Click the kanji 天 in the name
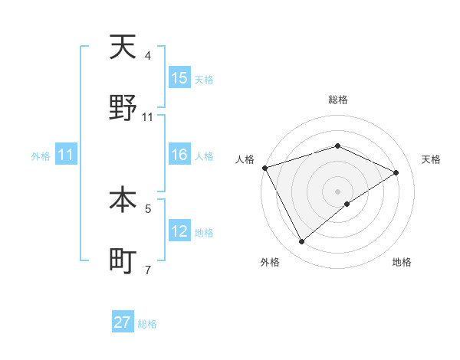(x=123, y=48)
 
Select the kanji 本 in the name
(x=123, y=201)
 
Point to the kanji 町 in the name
(x=123, y=262)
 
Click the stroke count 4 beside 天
(x=148, y=56)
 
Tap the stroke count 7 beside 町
(x=148, y=270)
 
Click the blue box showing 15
(x=179, y=78)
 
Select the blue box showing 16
(x=179, y=155)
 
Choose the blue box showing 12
(x=179, y=231)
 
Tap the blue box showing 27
(x=123, y=322)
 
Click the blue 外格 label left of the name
(x=40, y=155)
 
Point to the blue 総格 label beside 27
(x=147, y=324)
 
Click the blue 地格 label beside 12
(x=204, y=232)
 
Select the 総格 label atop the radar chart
(x=338, y=100)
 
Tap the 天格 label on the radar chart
(x=431, y=159)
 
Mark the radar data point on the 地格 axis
(x=347, y=204)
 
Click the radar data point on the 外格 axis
(x=302, y=242)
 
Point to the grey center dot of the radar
(x=338, y=191)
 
